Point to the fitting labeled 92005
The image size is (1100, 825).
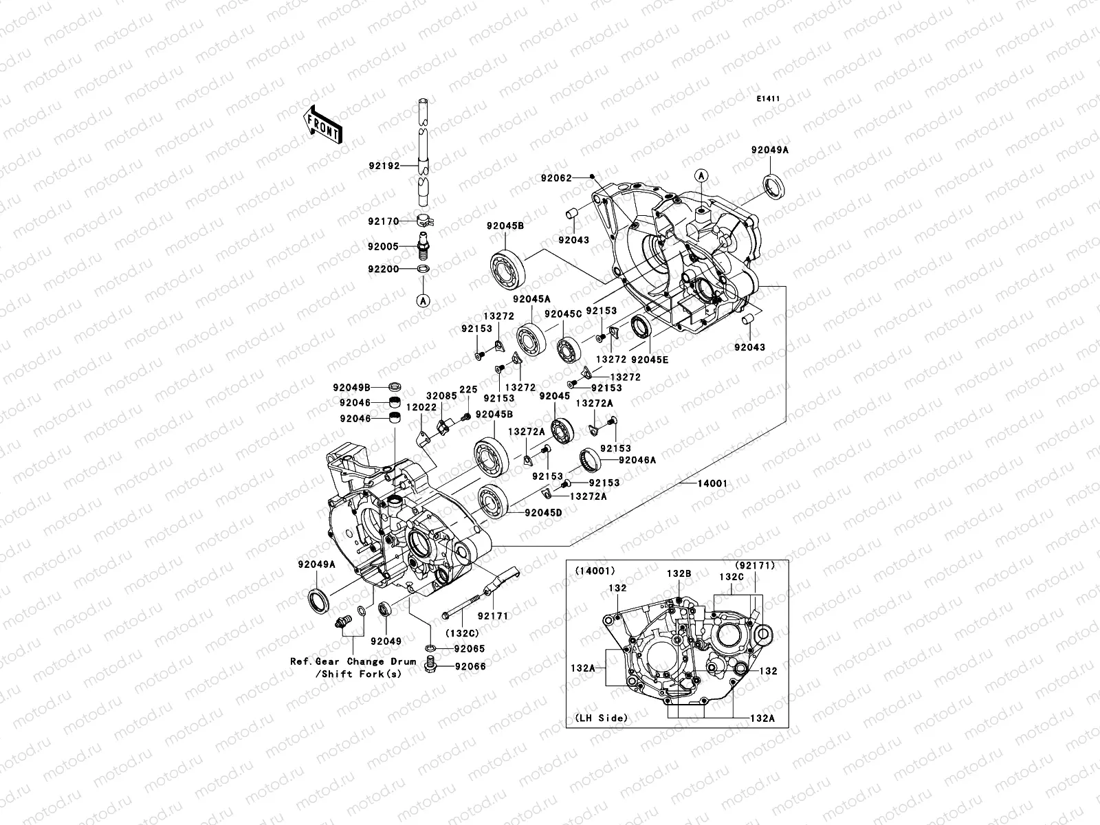click(x=425, y=245)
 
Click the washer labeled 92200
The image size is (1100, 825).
click(x=425, y=269)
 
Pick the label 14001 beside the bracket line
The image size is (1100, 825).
click(x=712, y=483)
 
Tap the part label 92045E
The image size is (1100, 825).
click(x=650, y=360)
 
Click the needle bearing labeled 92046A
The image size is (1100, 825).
click(x=590, y=457)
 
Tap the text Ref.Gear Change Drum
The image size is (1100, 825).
click(x=353, y=661)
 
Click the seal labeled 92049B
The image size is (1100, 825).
click(x=395, y=387)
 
